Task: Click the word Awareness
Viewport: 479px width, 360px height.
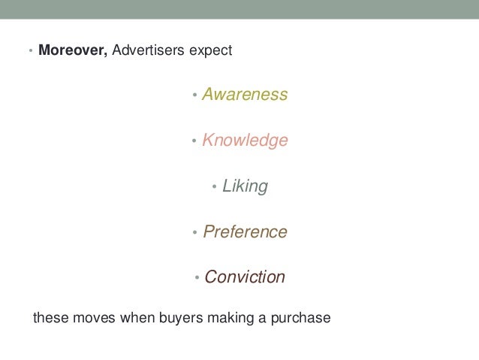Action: click(245, 95)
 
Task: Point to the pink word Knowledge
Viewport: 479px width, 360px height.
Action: click(245, 141)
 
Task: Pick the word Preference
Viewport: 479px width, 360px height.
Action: click(245, 231)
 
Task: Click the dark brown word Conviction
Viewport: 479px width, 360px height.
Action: click(245, 277)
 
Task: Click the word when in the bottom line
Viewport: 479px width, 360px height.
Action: click(136, 318)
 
